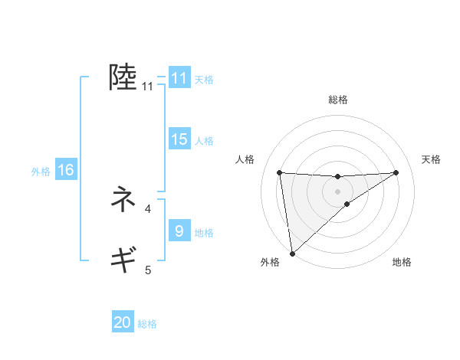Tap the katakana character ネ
[x=123, y=200]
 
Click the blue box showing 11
[x=179, y=78]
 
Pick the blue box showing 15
[x=179, y=139]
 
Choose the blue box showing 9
[x=179, y=231]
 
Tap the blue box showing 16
[x=66, y=170]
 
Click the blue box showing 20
[x=123, y=322]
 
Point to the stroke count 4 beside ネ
[x=148, y=208]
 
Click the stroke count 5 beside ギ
[x=148, y=270]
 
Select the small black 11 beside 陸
[x=148, y=87]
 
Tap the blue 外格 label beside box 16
[x=41, y=172]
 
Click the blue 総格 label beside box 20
[x=147, y=324]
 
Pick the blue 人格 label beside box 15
[x=204, y=141]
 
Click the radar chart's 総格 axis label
[x=338, y=100]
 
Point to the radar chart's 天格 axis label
[x=432, y=159]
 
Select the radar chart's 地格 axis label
[x=402, y=263]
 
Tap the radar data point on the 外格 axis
[x=291, y=253]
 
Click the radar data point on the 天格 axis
[x=396, y=172]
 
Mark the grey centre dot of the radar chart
[x=337, y=191]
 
